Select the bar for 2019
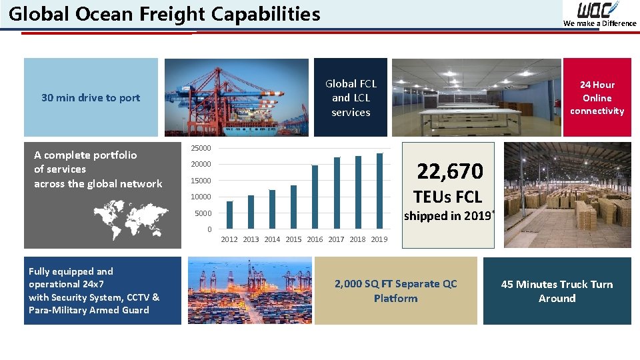tap(379, 191)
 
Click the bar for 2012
tap(230, 215)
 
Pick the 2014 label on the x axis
tap(272, 239)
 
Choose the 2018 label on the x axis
tap(358, 239)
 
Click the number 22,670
tap(449, 172)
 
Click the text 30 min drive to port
tap(91, 98)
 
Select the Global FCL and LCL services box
tap(351, 98)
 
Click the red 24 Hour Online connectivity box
tap(597, 98)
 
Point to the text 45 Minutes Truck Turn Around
tap(557, 291)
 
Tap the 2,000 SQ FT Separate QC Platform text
tap(395, 291)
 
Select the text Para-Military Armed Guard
tap(89, 310)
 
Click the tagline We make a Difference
tap(599, 23)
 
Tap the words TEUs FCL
tap(447, 197)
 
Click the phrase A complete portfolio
tap(85, 155)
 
